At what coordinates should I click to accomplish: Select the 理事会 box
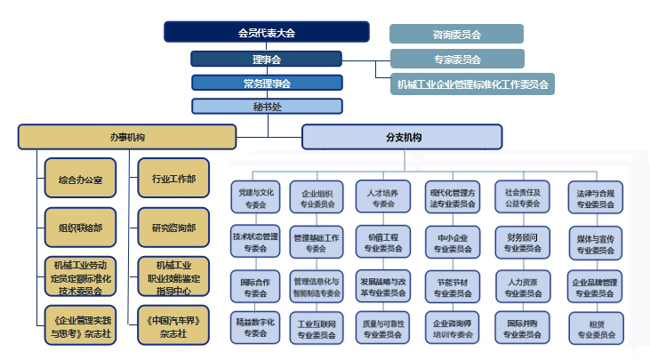tap(266, 60)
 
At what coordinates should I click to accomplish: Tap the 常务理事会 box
tap(266, 83)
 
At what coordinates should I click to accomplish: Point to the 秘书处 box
tap(266, 106)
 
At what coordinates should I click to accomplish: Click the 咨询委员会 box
tap(456, 35)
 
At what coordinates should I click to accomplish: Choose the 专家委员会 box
tap(456, 60)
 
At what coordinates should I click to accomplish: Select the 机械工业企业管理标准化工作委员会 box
tap(472, 84)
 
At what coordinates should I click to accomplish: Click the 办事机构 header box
tap(127, 137)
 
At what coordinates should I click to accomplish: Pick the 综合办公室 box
tap(80, 180)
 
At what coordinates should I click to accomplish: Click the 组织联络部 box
tap(80, 226)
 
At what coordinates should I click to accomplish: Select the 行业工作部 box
tap(174, 180)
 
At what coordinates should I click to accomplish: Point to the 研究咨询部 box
tap(174, 227)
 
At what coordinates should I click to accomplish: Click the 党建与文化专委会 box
tap(257, 197)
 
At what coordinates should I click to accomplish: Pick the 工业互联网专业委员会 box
tap(317, 329)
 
